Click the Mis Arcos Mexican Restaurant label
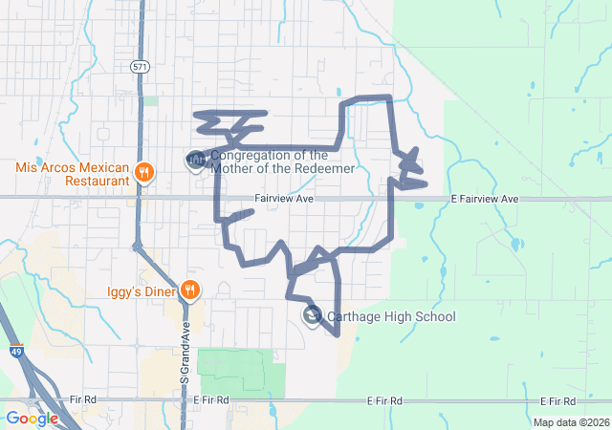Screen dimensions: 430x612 click(x=72, y=173)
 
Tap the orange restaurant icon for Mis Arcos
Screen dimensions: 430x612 click(x=145, y=172)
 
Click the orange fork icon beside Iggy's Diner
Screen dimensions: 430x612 click(x=191, y=289)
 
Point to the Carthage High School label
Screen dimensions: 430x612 click(x=391, y=316)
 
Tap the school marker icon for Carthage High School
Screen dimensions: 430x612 click(x=312, y=314)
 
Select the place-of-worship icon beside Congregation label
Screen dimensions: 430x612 click(x=195, y=159)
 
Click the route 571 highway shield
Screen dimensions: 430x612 click(x=140, y=66)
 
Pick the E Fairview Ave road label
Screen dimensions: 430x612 click(x=484, y=199)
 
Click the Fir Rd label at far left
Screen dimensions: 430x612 click(x=83, y=399)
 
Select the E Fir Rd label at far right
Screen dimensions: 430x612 click(x=562, y=400)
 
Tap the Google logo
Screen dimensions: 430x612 click(x=32, y=418)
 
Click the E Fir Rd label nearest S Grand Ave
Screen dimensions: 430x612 click(x=210, y=399)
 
